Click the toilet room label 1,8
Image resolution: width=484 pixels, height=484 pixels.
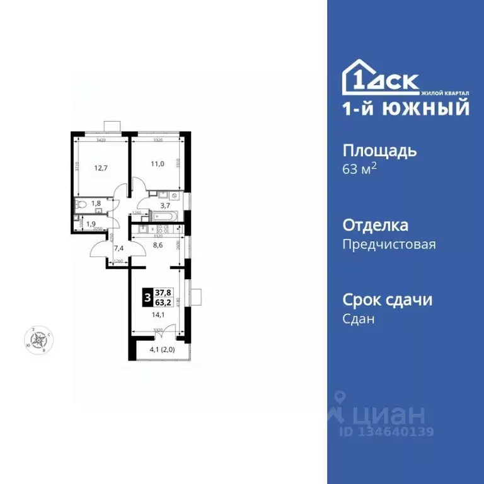click(x=96, y=203)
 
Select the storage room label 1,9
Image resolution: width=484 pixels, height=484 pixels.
click(x=91, y=224)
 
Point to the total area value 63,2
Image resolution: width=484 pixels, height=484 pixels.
click(x=164, y=301)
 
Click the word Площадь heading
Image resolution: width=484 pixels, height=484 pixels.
click(x=379, y=151)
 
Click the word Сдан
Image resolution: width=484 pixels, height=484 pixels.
click(x=359, y=319)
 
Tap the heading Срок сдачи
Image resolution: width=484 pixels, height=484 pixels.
click(x=387, y=299)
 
